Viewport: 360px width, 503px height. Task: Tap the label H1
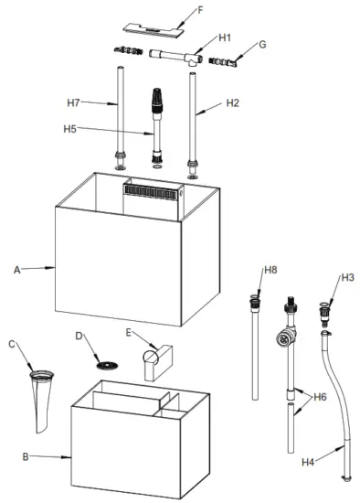[226, 37]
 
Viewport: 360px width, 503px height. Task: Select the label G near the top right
[262, 43]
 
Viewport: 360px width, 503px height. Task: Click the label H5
[70, 129]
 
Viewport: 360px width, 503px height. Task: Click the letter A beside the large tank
[17, 270]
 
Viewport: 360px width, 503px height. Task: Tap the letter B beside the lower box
[26, 455]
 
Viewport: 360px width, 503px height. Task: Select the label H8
[270, 270]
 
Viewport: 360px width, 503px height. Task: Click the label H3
[347, 277]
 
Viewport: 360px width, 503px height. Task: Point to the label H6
[320, 397]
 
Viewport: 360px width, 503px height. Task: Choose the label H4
[310, 463]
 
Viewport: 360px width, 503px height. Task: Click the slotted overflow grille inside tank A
[152, 192]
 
